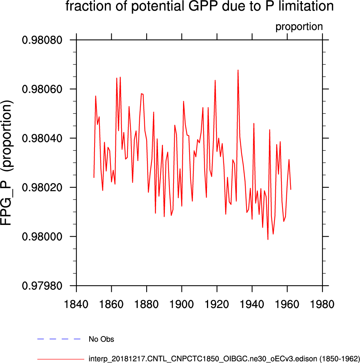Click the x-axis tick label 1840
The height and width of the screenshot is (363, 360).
click(x=77, y=304)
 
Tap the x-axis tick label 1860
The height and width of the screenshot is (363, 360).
click(x=112, y=304)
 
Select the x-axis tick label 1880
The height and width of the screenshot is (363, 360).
click(x=147, y=304)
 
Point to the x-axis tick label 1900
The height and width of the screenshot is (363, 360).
click(x=182, y=304)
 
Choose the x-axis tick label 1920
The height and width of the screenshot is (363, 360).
click(x=217, y=304)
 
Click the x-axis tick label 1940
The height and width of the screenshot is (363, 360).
click(x=252, y=304)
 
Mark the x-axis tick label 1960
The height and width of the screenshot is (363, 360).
click(x=287, y=304)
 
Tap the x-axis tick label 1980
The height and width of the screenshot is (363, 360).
click(x=322, y=304)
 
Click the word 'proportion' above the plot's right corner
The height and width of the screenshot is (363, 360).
click(x=299, y=27)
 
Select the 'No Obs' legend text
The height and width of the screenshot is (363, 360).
click(x=101, y=339)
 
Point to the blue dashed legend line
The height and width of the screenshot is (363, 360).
click(x=59, y=338)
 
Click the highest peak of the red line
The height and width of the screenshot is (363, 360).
click(x=238, y=70)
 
